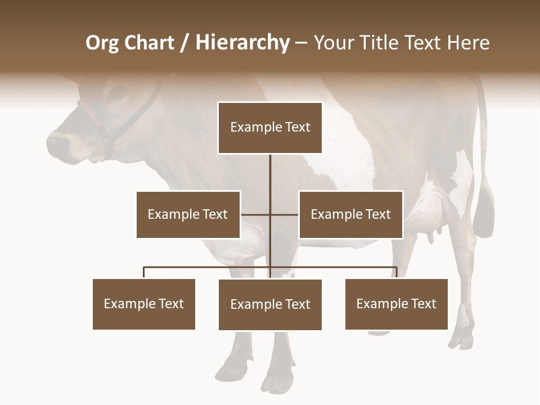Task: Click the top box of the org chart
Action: pos(270,128)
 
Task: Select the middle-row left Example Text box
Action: pos(188,214)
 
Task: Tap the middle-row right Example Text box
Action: pos(350,214)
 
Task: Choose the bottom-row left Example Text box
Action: pos(144,304)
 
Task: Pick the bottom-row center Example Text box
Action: pos(270,304)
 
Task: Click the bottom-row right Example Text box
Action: pos(396,304)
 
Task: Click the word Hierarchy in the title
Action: pos(242,43)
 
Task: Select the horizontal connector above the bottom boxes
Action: pos(208,267)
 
